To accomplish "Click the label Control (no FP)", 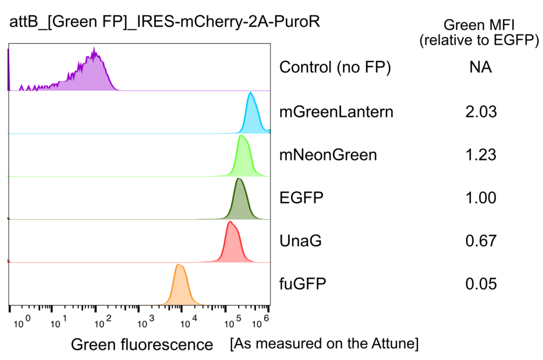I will tap(335, 68).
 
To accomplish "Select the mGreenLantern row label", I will tap(336, 112).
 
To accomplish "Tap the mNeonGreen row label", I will tap(328, 155).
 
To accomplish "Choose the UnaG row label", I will tap(300, 241).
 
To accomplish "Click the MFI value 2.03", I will tap(481, 112).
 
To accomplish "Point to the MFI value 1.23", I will tap(481, 155).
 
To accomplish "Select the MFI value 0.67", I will tap(481, 241).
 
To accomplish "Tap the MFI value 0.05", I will tap(481, 284).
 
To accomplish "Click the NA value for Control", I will tap(480, 68).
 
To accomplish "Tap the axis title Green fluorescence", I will tap(142, 345).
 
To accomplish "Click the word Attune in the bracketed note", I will tap(392, 344).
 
